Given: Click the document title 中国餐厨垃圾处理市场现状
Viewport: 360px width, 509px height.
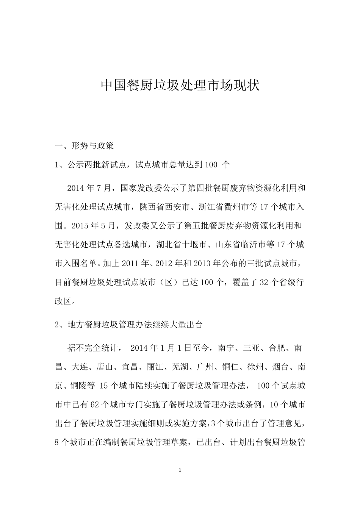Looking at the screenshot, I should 180,86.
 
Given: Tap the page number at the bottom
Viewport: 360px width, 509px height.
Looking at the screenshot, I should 180,470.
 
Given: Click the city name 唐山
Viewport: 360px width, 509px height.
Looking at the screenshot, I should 105,367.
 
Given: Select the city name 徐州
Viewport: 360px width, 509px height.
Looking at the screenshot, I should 255,367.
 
